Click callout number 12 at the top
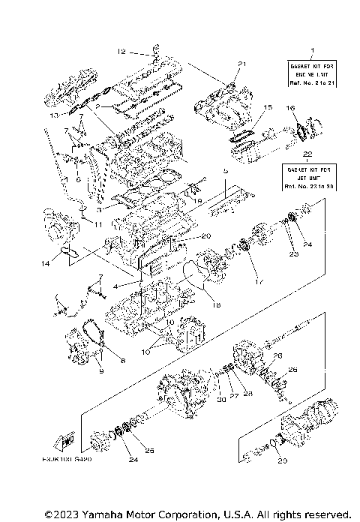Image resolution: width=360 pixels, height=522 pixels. click(121, 52)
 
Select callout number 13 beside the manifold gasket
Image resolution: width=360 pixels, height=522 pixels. click(53, 116)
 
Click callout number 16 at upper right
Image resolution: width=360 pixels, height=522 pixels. click(290, 109)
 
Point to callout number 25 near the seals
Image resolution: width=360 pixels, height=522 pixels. click(150, 450)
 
